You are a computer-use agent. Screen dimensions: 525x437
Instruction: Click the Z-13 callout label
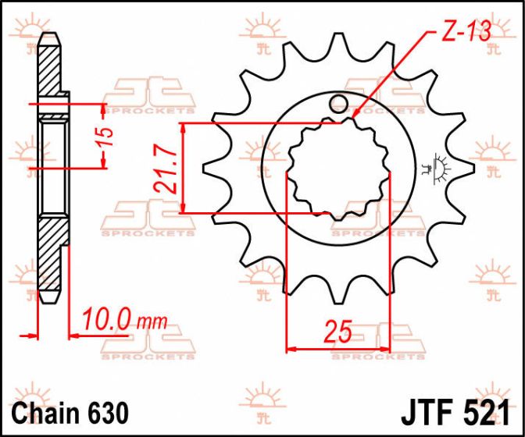[466, 31]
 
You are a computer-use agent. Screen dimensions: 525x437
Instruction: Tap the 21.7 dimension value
[166, 172]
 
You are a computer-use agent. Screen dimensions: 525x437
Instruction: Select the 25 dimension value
[339, 332]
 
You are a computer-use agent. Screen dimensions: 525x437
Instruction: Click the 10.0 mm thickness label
[125, 319]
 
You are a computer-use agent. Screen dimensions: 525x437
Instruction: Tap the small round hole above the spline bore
[338, 104]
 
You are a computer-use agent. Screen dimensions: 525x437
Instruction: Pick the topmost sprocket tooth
[338, 42]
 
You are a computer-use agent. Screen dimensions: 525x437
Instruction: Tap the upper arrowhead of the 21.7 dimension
[183, 127]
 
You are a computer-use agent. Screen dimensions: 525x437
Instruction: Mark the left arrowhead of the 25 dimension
[291, 350]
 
